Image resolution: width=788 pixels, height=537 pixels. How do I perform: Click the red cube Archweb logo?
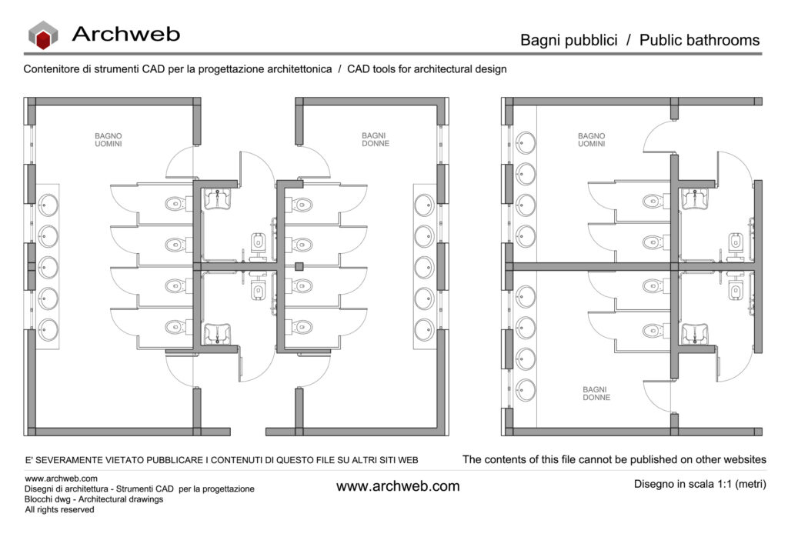coord(43,35)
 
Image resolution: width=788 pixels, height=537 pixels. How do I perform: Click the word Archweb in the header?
coord(126,34)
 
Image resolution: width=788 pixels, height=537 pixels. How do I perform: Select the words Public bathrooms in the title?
coord(699,40)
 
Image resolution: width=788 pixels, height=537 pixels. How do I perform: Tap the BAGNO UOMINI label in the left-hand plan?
coord(108,140)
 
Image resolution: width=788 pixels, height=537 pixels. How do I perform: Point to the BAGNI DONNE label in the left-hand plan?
coord(376,140)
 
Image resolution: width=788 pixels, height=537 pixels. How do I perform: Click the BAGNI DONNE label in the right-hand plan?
coord(596,393)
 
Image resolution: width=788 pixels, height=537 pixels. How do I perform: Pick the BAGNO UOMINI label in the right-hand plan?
coord(592,140)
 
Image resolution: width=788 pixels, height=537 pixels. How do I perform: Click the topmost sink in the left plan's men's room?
coord(48,205)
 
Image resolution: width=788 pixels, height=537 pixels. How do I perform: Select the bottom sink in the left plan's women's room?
coord(425,330)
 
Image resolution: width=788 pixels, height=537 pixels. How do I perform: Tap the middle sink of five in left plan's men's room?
coord(48,267)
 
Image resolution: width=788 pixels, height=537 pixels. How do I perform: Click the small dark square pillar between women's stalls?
coord(299,267)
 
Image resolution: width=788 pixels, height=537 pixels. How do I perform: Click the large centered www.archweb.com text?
coord(398,486)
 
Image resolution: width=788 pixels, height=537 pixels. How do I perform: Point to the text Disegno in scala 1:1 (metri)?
coord(700,484)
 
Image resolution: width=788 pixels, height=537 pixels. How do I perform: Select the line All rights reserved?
coord(59,509)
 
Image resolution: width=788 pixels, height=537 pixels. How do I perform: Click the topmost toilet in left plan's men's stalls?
coord(175,204)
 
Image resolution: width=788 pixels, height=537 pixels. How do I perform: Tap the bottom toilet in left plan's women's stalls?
coord(299,328)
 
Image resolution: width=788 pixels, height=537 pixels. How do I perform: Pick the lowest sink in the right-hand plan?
coord(526,390)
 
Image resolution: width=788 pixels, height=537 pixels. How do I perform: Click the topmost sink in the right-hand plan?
coord(526,142)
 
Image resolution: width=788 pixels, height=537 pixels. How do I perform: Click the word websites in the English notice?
coord(744,459)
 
